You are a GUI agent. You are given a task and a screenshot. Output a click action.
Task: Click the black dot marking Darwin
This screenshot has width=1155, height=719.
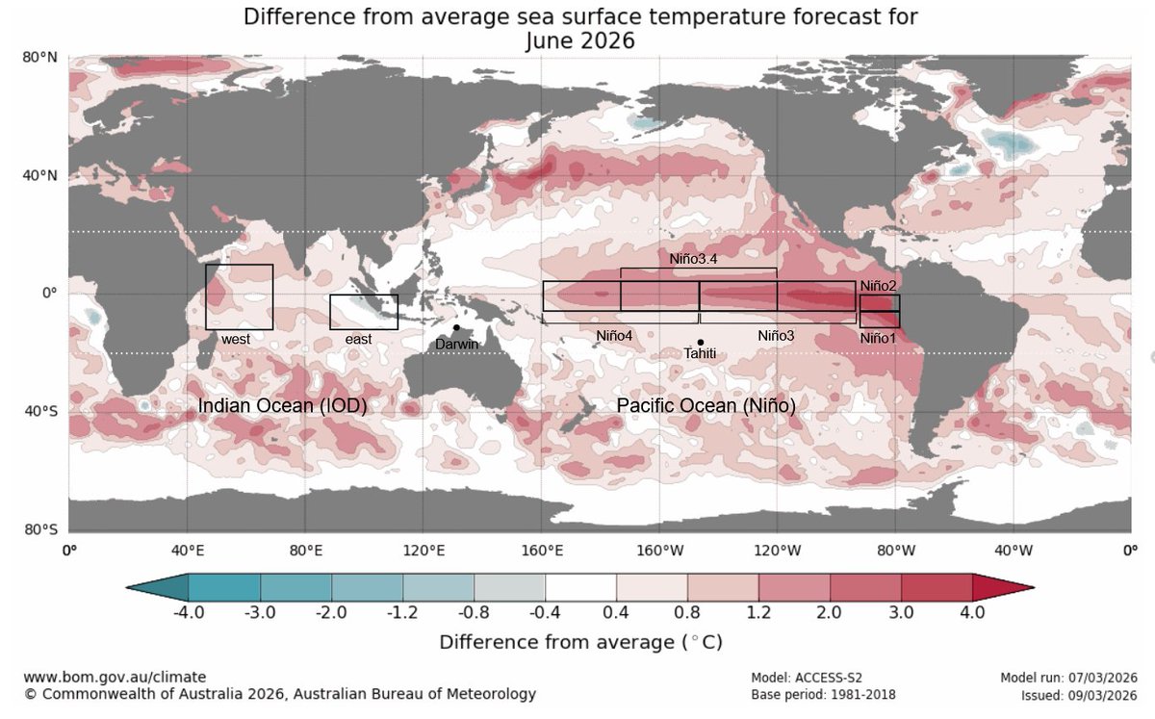[x=456, y=327]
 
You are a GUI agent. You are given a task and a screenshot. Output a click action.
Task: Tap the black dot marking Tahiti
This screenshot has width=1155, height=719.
[x=700, y=342]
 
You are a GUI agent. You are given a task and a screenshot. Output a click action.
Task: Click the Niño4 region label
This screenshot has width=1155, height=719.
[x=614, y=336]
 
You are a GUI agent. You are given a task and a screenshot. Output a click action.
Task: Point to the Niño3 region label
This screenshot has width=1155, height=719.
[x=776, y=336]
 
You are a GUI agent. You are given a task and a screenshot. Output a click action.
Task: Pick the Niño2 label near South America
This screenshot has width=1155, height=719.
[x=878, y=286]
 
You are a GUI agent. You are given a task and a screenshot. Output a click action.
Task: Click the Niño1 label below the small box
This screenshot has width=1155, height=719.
[x=878, y=338]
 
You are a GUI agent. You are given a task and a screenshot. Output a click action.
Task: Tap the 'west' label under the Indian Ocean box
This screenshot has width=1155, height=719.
[x=236, y=339]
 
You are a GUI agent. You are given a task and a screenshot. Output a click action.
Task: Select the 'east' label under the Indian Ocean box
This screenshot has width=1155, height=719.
[x=359, y=339]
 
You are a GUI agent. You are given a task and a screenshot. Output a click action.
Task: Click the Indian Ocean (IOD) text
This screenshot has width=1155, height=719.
[x=283, y=407]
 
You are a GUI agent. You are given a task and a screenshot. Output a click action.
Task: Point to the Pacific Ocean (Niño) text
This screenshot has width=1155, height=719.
[x=706, y=407]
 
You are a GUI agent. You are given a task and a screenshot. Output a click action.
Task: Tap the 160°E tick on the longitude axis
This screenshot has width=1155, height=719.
[x=542, y=552]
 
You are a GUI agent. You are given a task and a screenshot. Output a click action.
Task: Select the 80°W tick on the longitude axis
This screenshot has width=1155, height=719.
[x=896, y=552]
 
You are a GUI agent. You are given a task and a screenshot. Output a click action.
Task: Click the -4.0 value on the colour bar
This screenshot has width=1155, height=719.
[x=189, y=612]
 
